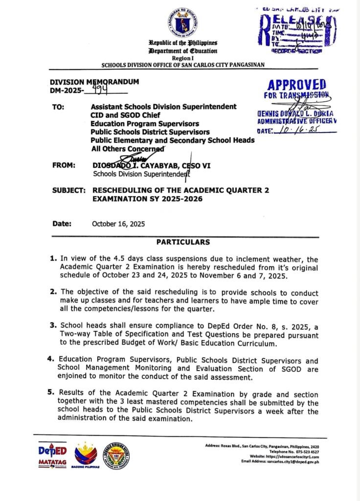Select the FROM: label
[64, 165]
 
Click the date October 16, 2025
[118, 224]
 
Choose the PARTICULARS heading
[183, 242]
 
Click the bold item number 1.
[53, 257]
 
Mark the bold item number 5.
[52, 392]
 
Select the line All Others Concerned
[127, 149]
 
